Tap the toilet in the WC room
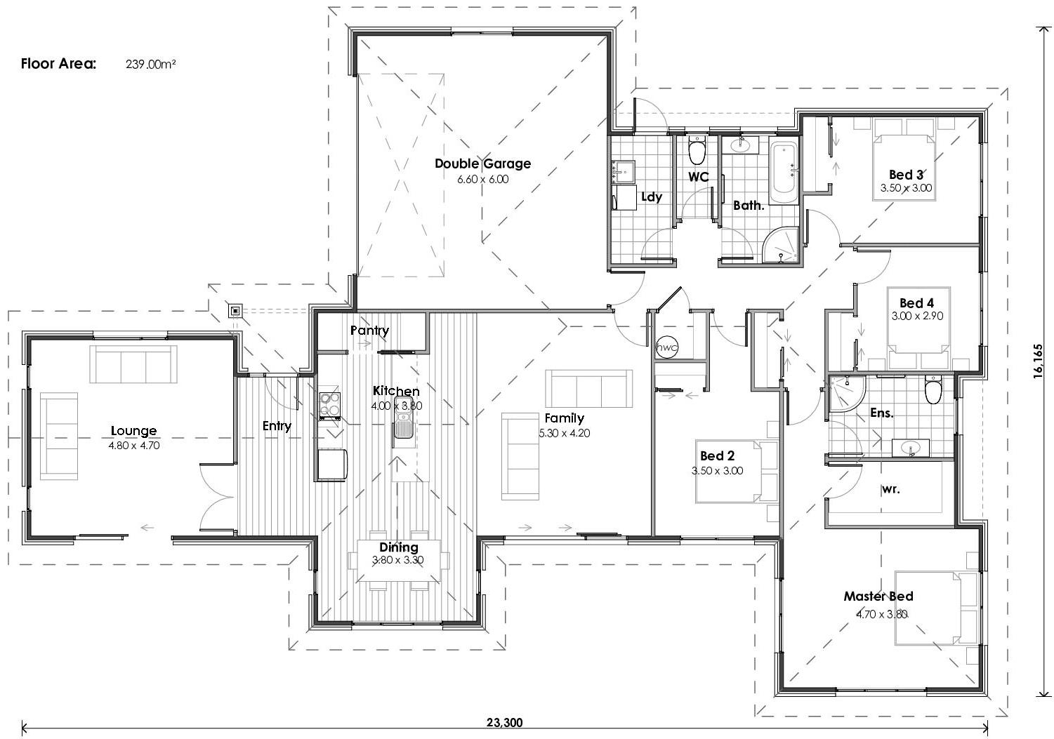tap(697, 151)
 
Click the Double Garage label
tap(482, 164)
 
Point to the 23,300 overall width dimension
tap(503, 722)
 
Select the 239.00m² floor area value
tap(150, 64)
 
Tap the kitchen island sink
tap(403, 425)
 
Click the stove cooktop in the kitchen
tap(329, 404)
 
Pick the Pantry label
tap(369, 330)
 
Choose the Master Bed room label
tap(878, 597)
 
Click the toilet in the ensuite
tap(933, 391)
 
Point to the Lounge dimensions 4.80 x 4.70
tap(134, 445)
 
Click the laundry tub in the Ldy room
tap(624, 171)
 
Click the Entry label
tap(277, 426)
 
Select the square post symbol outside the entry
tap(235, 310)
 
